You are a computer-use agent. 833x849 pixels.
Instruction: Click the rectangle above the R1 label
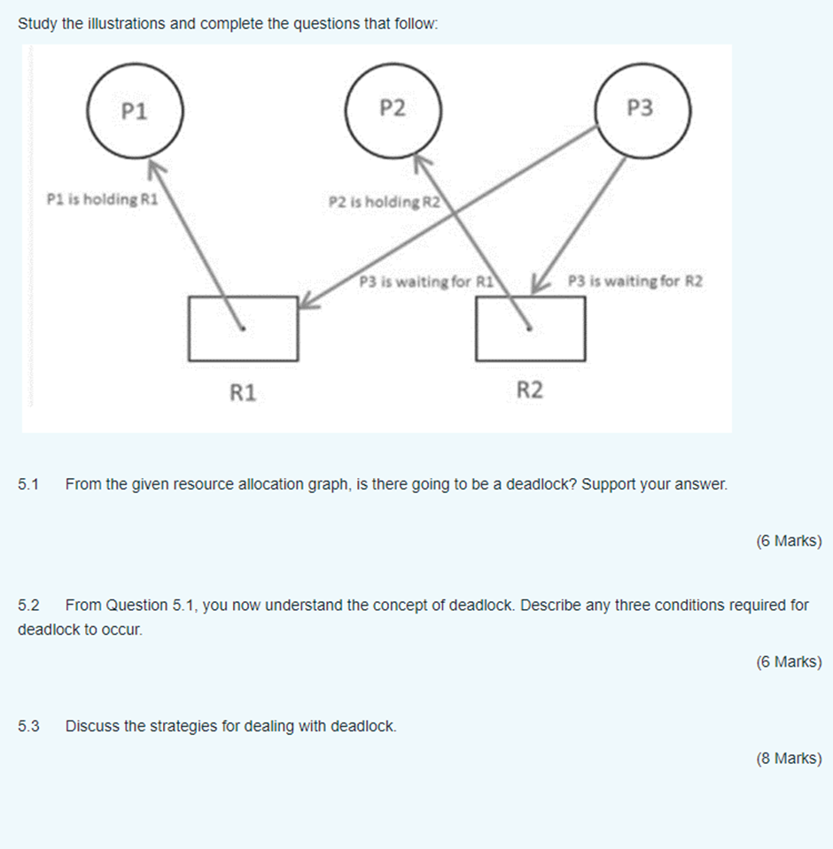tap(244, 328)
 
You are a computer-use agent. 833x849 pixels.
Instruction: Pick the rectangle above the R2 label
tap(530, 328)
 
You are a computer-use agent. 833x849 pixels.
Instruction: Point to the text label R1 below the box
tap(243, 392)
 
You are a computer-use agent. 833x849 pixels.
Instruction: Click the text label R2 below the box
tap(529, 390)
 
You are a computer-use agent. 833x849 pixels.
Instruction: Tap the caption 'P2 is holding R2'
tap(385, 202)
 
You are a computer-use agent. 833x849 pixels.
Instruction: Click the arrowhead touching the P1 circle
tap(155, 167)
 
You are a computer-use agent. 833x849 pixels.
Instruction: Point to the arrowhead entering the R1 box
tap(306, 302)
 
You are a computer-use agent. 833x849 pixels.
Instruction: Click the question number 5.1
tap(29, 485)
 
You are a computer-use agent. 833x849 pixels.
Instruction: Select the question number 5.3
tap(29, 727)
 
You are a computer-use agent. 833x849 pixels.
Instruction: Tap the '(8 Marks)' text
tap(789, 759)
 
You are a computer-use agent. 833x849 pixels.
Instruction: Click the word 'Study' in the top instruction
tap(37, 24)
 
